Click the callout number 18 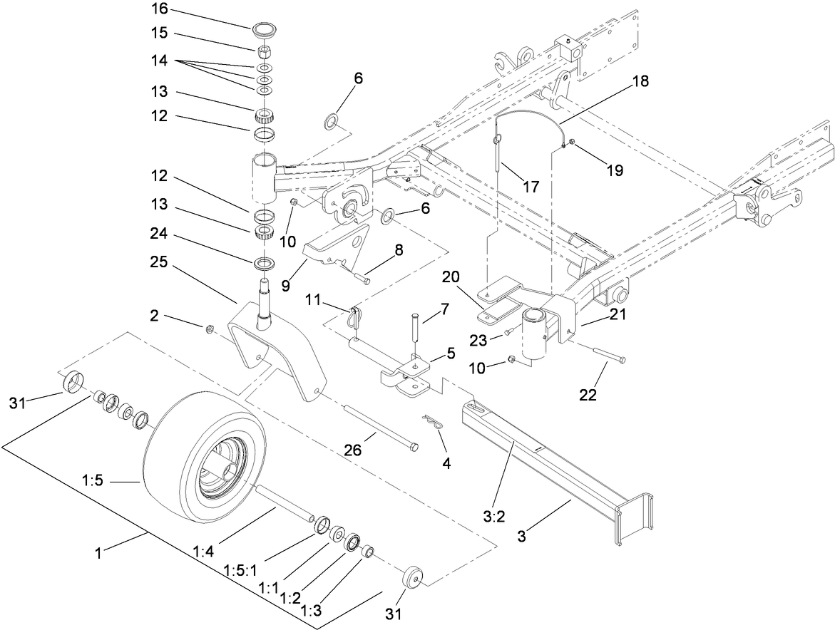pyautogui.click(x=640, y=81)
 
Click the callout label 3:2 pyautogui.click(x=493, y=517)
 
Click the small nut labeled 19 pyautogui.click(x=572, y=148)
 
